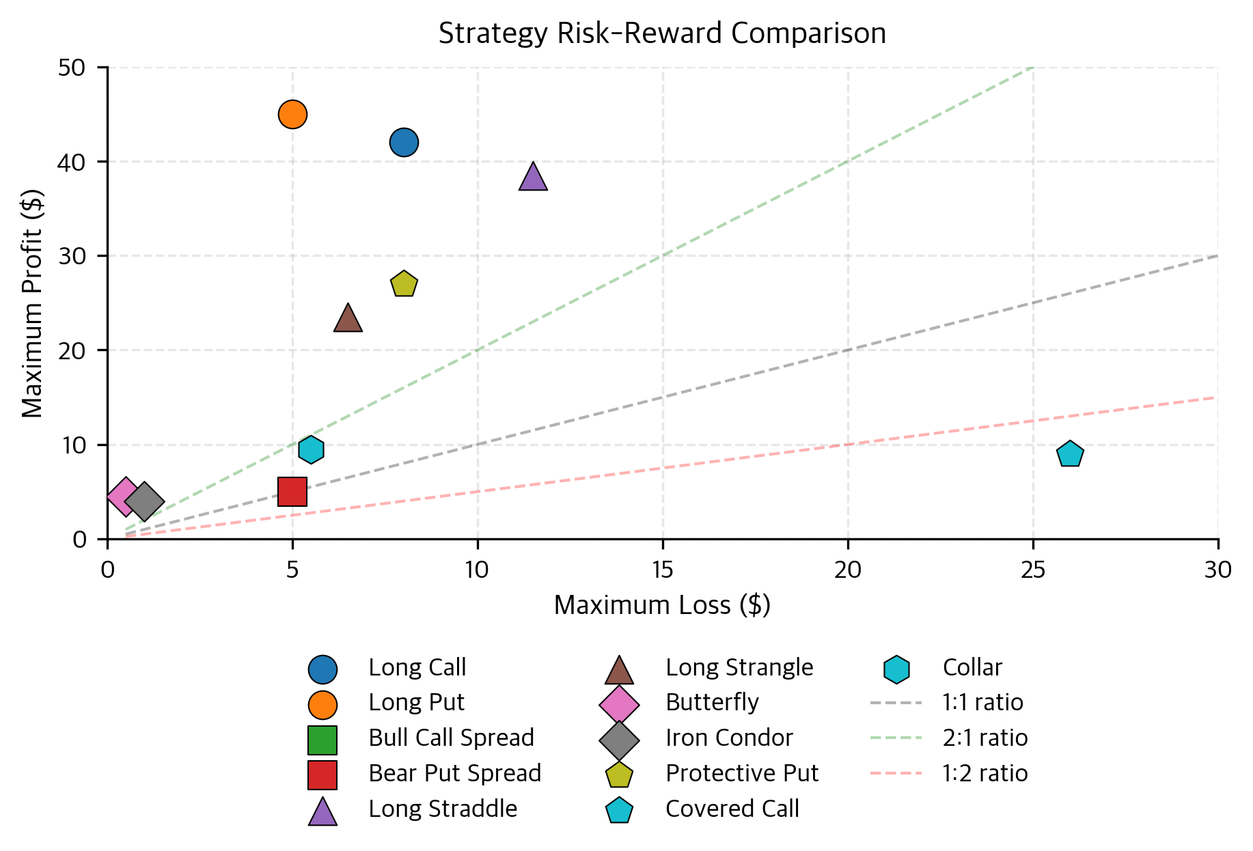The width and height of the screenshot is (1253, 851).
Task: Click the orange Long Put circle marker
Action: pos(292,114)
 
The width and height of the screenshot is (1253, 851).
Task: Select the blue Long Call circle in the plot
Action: pos(404,142)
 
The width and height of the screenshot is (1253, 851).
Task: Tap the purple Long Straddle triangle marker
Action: pos(533,178)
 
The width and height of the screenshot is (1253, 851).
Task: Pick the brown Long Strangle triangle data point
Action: pos(348,319)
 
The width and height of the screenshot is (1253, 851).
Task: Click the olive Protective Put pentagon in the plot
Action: pos(404,284)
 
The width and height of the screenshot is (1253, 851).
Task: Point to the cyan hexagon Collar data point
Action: pos(311,449)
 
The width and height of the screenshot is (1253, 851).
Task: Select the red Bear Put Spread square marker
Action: pos(292,492)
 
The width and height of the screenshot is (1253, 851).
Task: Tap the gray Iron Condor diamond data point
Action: pos(144,501)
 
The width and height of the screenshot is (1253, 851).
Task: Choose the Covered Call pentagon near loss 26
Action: pos(1070,454)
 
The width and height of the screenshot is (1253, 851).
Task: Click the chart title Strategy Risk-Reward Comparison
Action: pos(662,33)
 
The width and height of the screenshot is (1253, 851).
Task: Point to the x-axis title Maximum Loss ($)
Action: pos(662,605)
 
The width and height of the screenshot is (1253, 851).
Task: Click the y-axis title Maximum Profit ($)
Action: pos(32,303)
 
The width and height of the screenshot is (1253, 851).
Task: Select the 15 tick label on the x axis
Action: pos(662,570)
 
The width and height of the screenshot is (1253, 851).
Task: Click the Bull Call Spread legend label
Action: pos(451,738)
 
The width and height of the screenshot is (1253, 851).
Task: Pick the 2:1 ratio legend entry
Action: pos(984,738)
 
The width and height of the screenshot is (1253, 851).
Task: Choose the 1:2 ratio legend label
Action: pos(984,773)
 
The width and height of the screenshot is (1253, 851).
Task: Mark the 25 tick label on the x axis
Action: pos(1032,570)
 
